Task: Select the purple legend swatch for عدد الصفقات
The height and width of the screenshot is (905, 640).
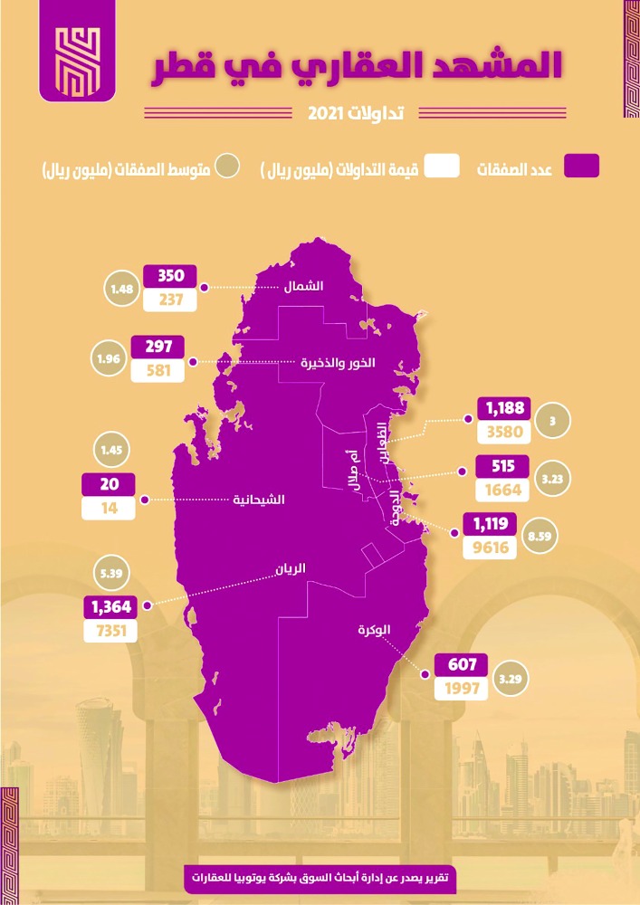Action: tap(581, 166)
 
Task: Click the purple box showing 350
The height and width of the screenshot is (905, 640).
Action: tap(170, 275)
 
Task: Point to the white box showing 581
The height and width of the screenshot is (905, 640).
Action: tap(158, 370)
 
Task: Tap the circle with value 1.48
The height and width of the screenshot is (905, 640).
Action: tap(121, 289)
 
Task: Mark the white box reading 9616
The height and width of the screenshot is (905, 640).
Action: tap(490, 548)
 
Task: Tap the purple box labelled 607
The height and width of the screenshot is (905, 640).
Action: tap(462, 664)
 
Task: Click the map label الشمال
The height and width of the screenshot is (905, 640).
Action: tap(303, 286)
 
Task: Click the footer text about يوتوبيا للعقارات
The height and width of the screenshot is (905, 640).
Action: tap(320, 877)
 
